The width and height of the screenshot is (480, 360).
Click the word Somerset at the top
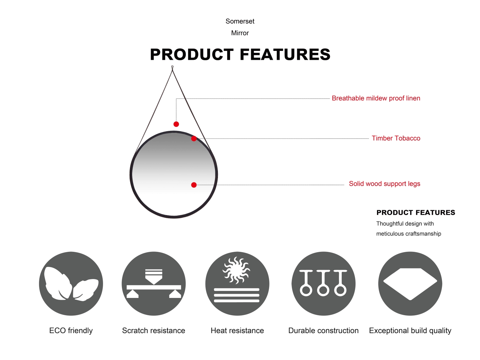tap(240, 21)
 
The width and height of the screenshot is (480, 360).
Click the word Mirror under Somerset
tap(240, 33)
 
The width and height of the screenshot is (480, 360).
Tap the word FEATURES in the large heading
tap(285, 54)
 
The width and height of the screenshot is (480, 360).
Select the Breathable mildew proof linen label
tap(376, 98)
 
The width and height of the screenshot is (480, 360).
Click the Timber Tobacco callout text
tap(396, 138)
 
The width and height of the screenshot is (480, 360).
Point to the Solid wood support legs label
tap(384, 184)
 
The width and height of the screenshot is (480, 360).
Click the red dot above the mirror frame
tap(176, 124)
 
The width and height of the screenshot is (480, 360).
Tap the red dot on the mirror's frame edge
tap(194, 139)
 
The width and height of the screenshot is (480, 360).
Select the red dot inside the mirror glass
tap(194, 185)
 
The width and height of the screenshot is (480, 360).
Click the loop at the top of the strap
tap(172, 67)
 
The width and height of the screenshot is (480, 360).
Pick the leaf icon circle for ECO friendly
tap(71, 284)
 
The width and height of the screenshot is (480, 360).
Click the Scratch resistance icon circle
tap(154, 284)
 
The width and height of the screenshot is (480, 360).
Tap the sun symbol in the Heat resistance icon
tap(236, 270)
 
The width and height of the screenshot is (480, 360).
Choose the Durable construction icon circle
tap(324, 284)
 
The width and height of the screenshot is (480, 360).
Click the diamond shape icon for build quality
tap(410, 284)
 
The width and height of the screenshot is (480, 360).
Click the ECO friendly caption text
tap(71, 331)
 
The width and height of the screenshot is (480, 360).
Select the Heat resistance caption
tap(237, 331)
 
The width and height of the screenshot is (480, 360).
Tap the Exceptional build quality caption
tap(410, 331)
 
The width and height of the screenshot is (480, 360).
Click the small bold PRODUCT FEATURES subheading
tap(416, 212)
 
